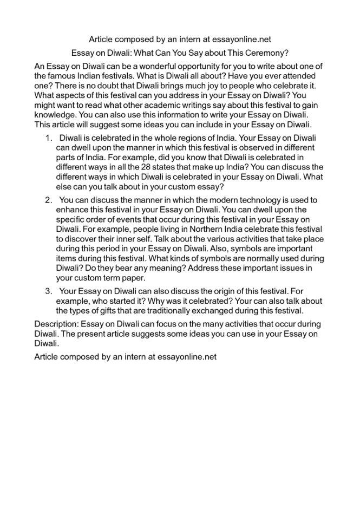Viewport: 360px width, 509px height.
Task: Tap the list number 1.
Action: pyautogui.click(x=49, y=138)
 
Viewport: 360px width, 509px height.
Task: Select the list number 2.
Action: pyautogui.click(x=49, y=200)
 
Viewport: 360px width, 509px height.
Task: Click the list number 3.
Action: pyautogui.click(x=49, y=291)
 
